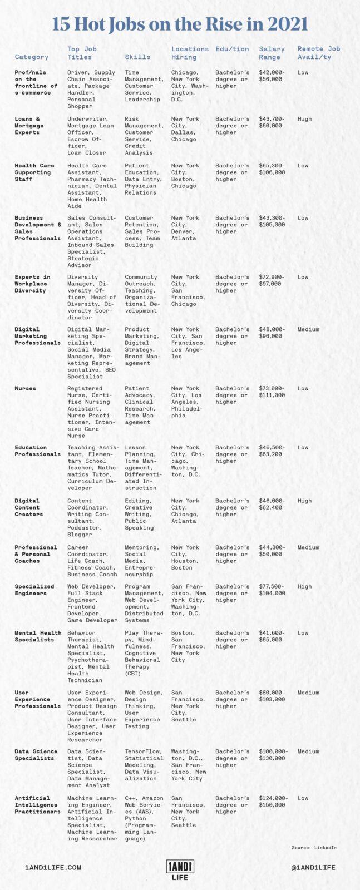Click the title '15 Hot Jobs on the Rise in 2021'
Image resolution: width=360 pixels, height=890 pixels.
click(x=180, y=24)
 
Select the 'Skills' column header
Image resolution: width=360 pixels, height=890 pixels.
click(x=137, y=57)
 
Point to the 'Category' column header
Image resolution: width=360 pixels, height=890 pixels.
click(x=32, y=57)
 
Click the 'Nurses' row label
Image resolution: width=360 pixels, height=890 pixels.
click(x=25, y=388)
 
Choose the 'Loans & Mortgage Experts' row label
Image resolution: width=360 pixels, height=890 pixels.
click(x=29, y=126)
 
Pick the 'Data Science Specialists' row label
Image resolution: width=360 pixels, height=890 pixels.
click(x=36, y=755)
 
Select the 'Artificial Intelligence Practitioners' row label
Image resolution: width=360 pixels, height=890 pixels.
click(x=38, y=805)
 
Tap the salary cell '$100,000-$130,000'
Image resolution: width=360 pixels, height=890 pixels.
click(x=273, y=755)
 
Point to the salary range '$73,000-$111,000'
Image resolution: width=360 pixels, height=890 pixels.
click(x=272, y=392)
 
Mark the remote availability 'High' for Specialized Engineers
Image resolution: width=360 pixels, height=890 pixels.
click(x=304, y=586)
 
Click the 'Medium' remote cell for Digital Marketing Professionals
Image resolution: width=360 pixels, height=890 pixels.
click(x=308, y=329)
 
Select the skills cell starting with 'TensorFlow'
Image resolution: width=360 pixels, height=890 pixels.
click(x=144, y=765)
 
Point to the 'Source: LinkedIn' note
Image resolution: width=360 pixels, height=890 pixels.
click(x=314, y=848)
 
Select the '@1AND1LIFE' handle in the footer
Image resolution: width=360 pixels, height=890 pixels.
click(x=313, y=868)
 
